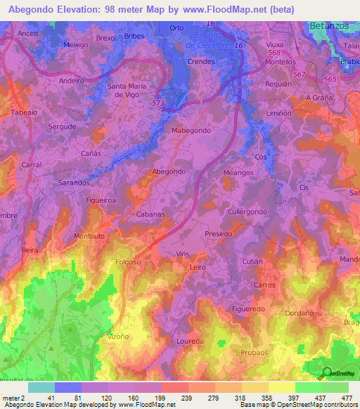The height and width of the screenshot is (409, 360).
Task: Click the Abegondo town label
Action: pos(169,171)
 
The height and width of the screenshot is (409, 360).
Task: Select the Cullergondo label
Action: pos(247,212)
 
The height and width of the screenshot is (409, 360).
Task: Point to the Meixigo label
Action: pos(75,44)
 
